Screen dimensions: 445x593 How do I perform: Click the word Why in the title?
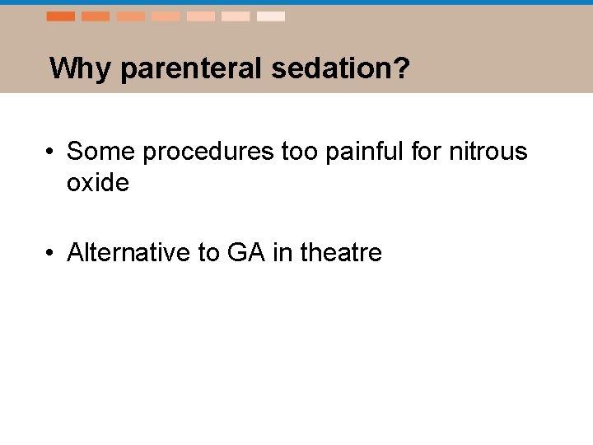click(x=81, y=68)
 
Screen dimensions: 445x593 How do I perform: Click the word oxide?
click(x=98, y=183)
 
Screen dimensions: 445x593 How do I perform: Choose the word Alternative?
click(x=128, y=252)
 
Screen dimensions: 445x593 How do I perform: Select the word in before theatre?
click(x=282, y=252)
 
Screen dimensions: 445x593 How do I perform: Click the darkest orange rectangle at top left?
click(x=60, y=16)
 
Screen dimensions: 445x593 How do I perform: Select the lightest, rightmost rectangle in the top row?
click(x=270, y=16)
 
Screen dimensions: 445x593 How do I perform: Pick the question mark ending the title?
click(x=401, y=68)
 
